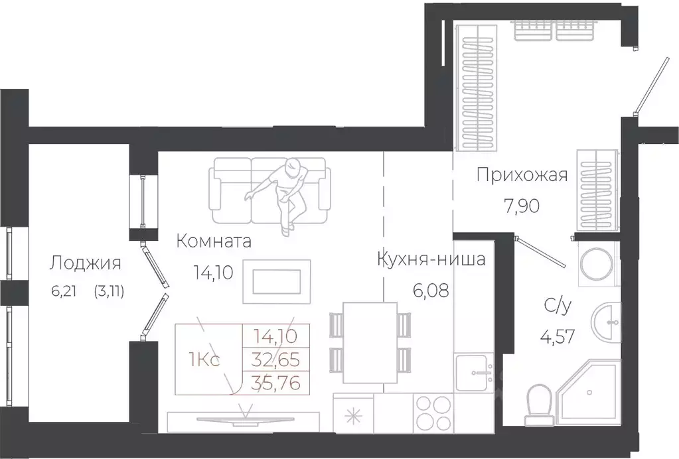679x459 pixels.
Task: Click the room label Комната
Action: [x=214, y=241]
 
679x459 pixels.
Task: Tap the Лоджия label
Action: [x=85, y=263]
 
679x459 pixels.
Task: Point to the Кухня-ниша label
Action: [x=431, y=259]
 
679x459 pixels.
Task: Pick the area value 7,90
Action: [x=521, y=206]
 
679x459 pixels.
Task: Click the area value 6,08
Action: [x=430, y=290]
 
